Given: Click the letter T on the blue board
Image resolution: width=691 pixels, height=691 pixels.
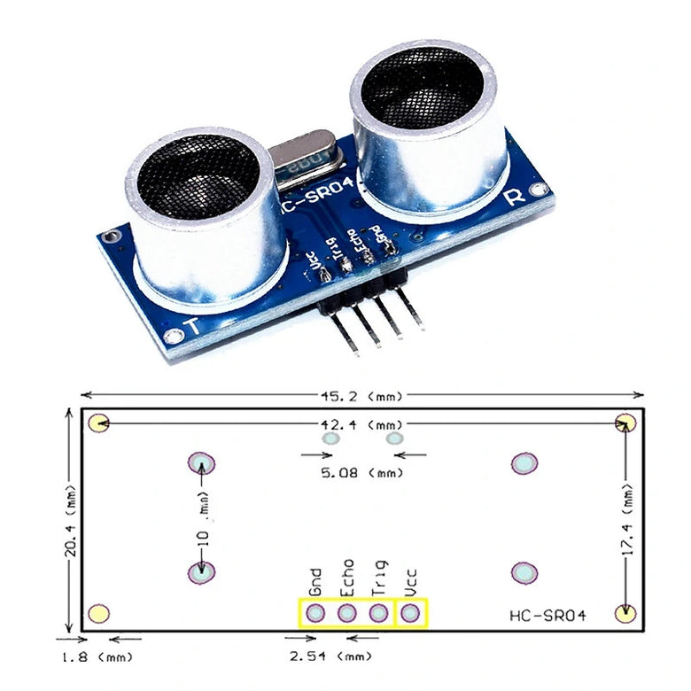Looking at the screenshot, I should pyautogui.click(x=190, y=325).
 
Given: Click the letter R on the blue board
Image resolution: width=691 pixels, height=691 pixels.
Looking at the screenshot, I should pyautogui.click(x=515, y=197).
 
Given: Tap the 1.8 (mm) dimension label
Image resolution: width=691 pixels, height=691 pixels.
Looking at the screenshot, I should pyautogui.click(x=97, y=656).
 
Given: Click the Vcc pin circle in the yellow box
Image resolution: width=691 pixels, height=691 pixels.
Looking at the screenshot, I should pyautogui.click(x=410, y=613).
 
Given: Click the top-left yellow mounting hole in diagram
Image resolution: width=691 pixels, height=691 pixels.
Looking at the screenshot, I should pyautogui.click(x=98, y=423).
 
